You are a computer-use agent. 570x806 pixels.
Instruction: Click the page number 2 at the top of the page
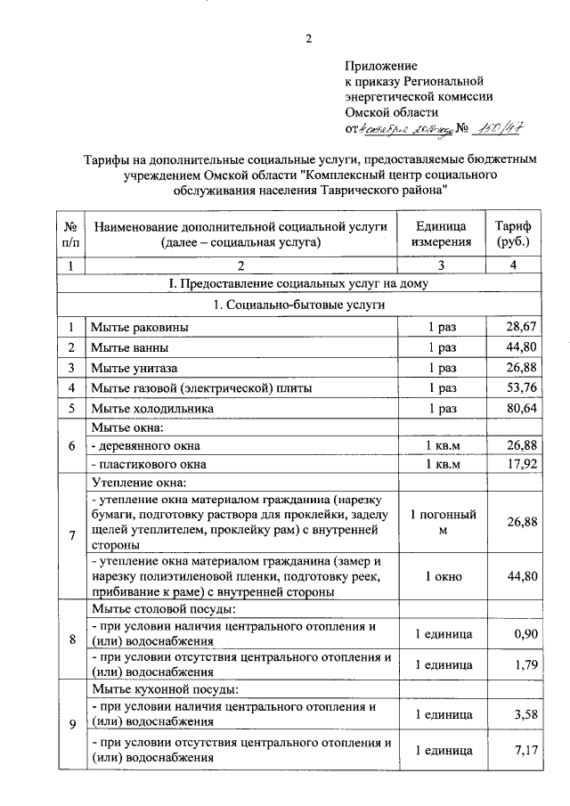click(308, 38)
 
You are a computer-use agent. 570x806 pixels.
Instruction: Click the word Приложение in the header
click(381, 66)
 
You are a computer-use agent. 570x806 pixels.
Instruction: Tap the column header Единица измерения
click(441, 233)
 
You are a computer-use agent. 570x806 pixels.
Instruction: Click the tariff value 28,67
click(521, 327)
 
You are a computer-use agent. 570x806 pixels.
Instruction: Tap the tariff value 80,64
click(521, 408)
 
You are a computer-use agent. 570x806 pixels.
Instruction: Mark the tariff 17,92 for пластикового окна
click(521, 464)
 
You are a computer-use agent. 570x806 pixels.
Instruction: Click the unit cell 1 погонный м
click(442, 523)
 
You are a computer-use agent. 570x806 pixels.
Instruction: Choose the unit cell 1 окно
click(442, 576)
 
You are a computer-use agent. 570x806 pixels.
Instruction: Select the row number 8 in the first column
click(70, 639)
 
